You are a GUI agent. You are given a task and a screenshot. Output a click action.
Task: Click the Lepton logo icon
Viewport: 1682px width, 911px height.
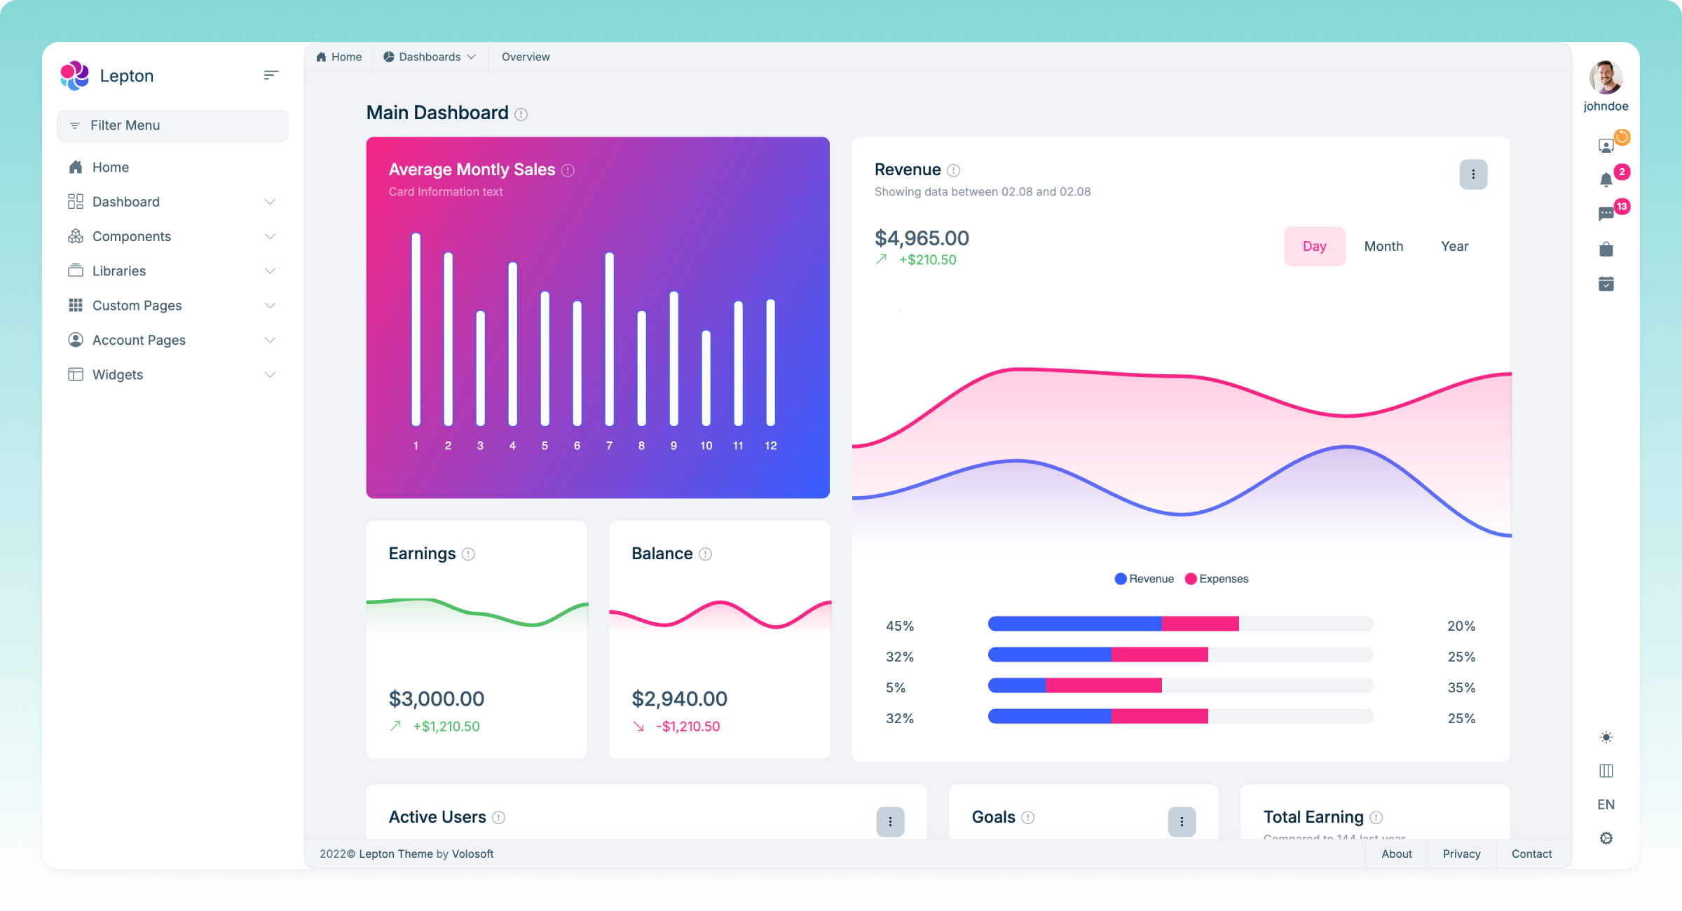(x=74, y=76)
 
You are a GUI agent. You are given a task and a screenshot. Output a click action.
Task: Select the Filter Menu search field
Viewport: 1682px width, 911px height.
(x=172, y=125)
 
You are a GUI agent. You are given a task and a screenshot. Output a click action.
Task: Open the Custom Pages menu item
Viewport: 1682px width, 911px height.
(x=137, y=306)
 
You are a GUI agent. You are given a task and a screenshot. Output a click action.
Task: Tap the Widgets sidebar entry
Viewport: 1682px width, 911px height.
(x=117, y=375)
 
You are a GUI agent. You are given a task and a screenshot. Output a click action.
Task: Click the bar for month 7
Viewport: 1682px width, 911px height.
(x=609, y=339)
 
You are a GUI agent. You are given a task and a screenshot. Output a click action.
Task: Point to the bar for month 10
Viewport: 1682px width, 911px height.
(x=706, y=378)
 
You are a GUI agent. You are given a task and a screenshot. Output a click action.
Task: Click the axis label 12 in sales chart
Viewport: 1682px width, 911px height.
(x=770, y=446)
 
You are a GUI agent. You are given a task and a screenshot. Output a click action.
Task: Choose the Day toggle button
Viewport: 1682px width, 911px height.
(x=1314, y=247)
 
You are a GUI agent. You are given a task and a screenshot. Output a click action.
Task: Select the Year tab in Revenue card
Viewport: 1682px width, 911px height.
(x=1454, y=247)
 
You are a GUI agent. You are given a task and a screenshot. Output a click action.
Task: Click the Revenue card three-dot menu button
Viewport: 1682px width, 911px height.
(x=1473, y=174)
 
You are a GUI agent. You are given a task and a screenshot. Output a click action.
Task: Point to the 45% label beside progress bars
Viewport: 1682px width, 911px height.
(x=900, y=626)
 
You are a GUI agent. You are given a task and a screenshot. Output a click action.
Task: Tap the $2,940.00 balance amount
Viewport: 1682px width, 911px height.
(x=679, y=699)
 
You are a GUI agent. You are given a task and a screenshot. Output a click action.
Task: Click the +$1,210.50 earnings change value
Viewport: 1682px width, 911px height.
(x=446, y=727)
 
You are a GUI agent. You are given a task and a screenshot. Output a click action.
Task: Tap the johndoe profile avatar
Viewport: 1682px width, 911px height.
(x=1606, y=77)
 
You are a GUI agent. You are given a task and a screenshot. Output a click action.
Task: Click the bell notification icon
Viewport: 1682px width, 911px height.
(x=1606, y=180)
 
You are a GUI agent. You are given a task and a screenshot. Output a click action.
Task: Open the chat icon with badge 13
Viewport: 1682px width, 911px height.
(x=1606, y=214)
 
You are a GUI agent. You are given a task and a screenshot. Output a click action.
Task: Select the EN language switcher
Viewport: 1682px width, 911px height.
(x=1606, y=804)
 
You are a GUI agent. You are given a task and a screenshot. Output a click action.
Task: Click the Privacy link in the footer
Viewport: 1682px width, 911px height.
(x=1461, y=854)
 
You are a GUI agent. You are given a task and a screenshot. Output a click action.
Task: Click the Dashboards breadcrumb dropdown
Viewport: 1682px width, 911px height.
(x=430, y=57)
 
